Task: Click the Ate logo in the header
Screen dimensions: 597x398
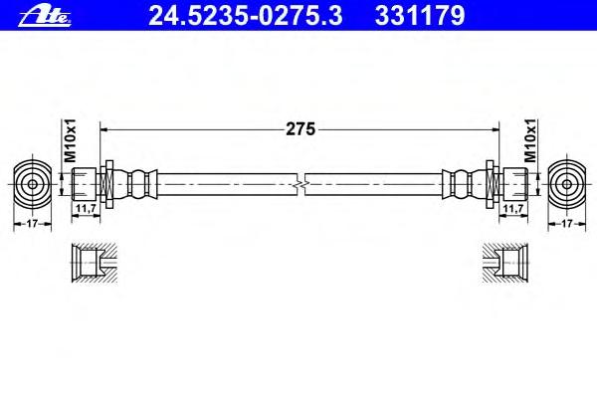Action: point(45,17)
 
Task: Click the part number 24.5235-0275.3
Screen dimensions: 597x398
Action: point(246,16)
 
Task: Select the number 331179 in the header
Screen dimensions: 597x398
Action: point(420,16)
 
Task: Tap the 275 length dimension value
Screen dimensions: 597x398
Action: point(300,129)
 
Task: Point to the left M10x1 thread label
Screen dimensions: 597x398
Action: point(70,140)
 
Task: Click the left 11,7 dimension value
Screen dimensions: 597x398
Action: point(86,208)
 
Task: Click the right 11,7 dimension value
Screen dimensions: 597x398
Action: point(513,208)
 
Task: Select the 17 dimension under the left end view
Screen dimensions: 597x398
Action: point(33,224)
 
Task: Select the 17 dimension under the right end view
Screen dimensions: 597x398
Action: point(567,224)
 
